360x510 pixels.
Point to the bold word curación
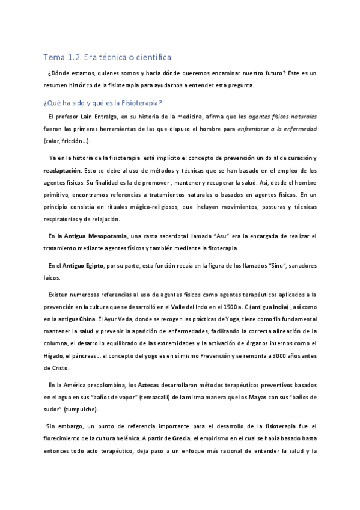pos(297,158)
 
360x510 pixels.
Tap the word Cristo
pos(61,367)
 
